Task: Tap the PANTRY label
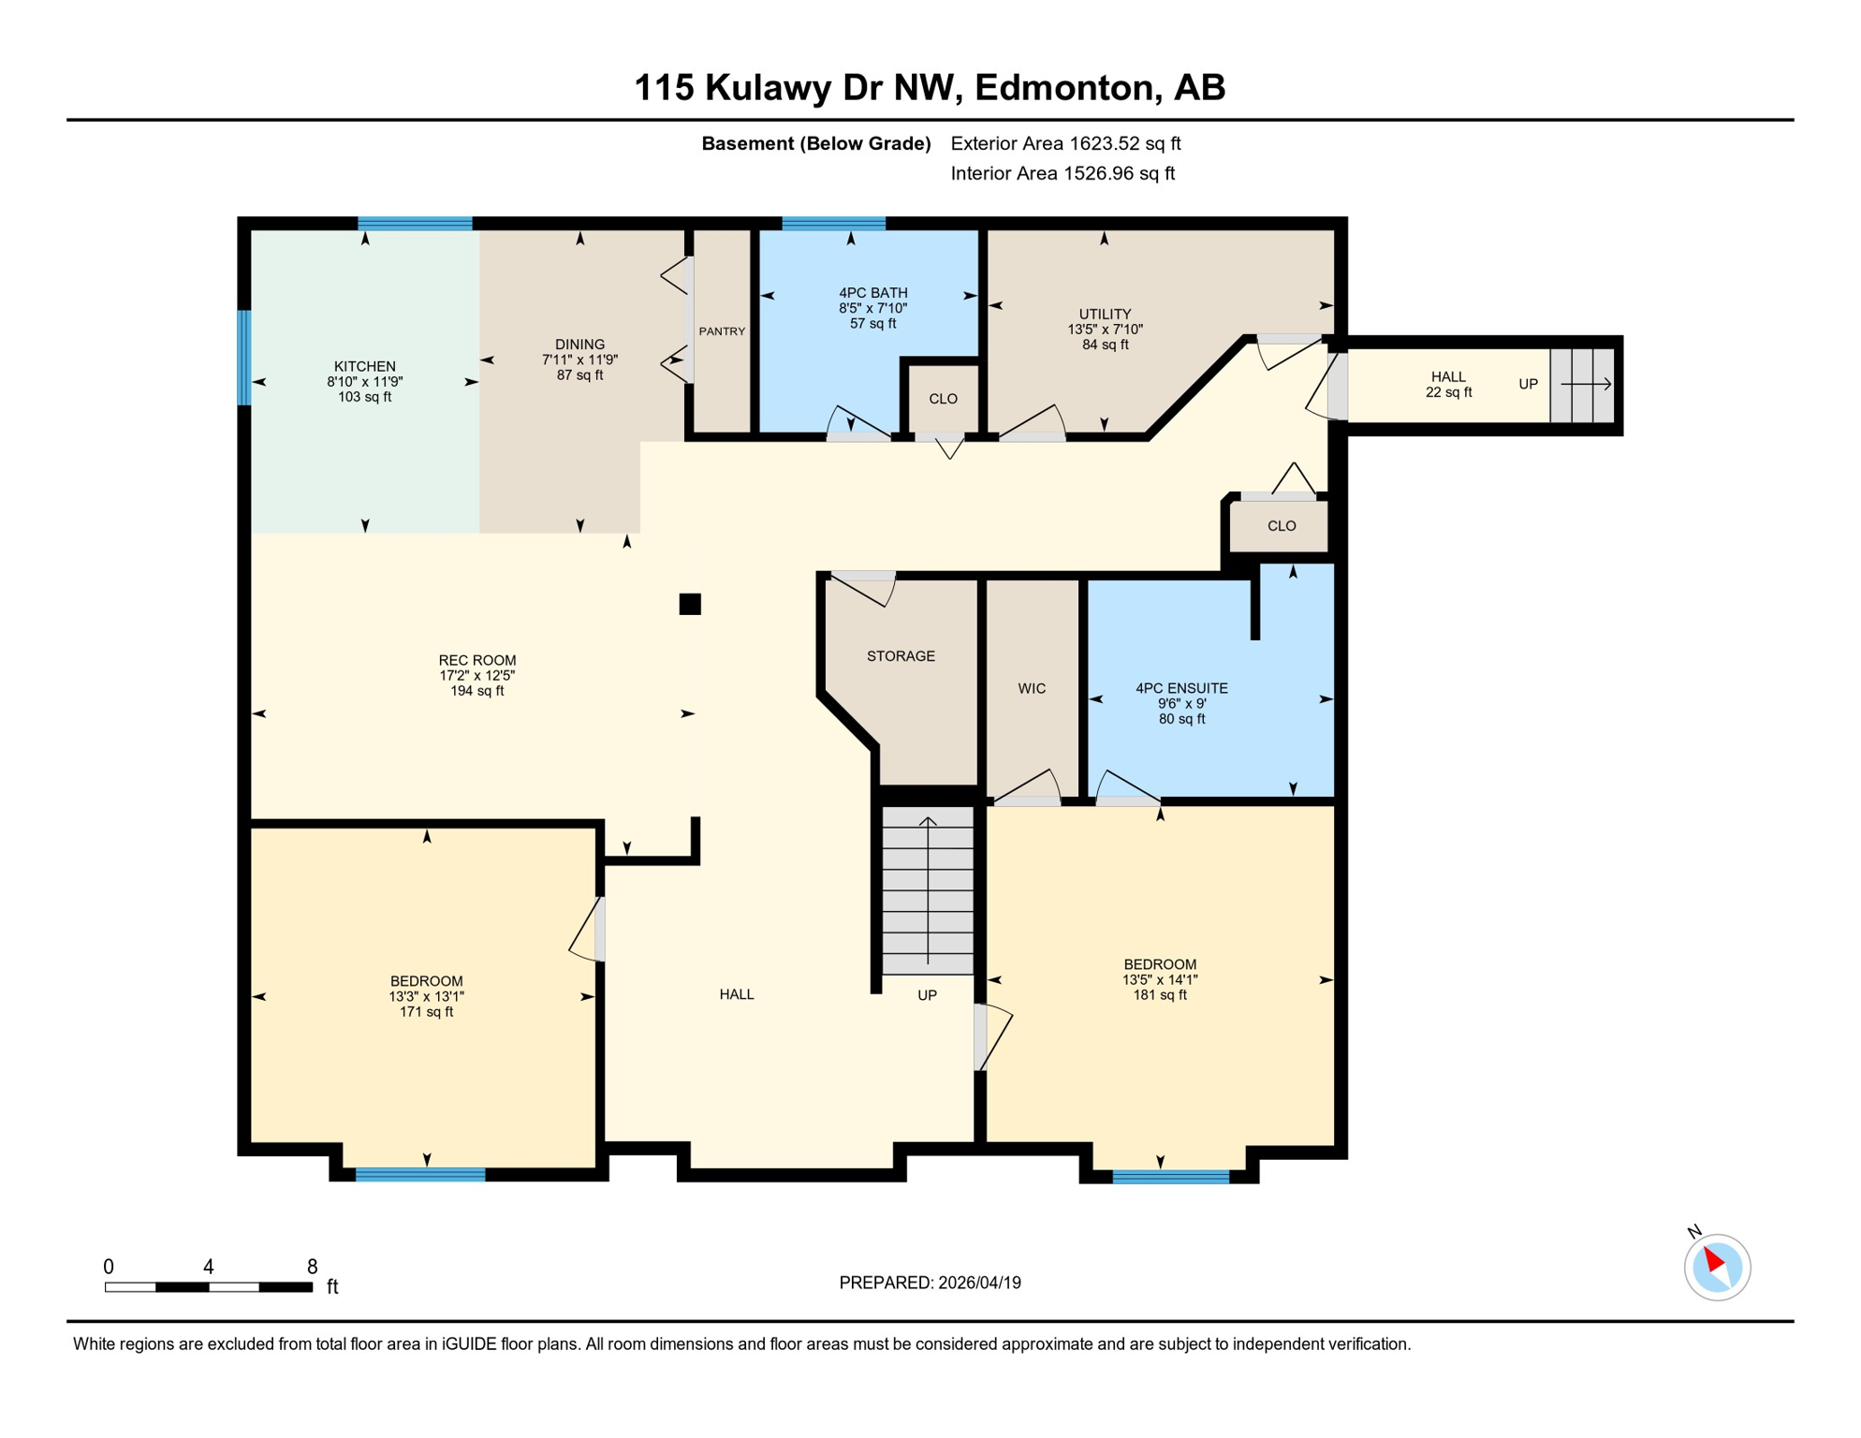722,331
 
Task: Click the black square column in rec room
690,604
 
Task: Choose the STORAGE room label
901,656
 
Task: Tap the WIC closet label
1032,688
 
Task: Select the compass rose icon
1717,1267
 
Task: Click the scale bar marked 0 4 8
208,1287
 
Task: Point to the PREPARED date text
930,1283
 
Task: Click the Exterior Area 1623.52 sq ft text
1065,143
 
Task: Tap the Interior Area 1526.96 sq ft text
1062,173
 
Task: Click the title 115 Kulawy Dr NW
930,87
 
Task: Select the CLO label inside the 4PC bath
943,399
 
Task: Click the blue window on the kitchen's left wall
244,358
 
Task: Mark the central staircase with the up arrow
928,889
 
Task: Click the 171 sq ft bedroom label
426,996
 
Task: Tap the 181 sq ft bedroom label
1160,979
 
